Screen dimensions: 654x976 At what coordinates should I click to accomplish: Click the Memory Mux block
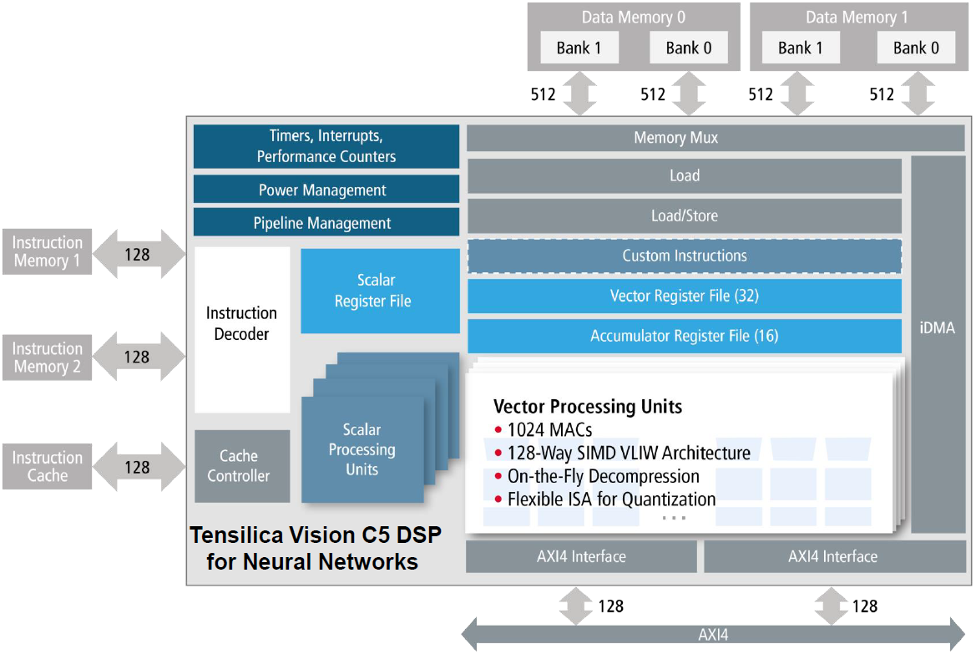pyautogui.click(x=675, y=138)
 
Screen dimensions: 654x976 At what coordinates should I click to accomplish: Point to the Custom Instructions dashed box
pyautogui.click(x=684, y=256)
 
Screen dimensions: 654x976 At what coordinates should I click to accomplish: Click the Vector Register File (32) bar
pyautogui.click(x=684, y=296)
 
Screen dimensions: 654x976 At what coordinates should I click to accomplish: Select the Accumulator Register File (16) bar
pyautogui.click(x=684, y=336)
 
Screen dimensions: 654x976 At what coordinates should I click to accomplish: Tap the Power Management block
pyautogui.click(x=326, y=190)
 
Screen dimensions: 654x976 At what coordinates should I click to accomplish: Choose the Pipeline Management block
pyautogui.click(x=326, y=223)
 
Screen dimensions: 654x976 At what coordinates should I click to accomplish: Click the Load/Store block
pyautogui.click(x=684, y=215)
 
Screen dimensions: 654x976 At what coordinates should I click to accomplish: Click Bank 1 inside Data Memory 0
pyautogui.click(x=579, y=48)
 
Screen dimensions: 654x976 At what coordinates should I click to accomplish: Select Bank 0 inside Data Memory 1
pyautogui.click(x=916, y=48)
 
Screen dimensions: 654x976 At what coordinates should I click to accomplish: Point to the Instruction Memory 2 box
pyautogui.click(x=48, y=357)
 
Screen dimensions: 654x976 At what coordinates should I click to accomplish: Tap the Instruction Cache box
pyautogui.click(x=48, y=466)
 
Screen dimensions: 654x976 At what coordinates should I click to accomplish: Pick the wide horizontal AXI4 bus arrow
pyautogui.click(x=714, y=635)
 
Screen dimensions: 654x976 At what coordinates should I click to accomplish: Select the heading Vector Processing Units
pyautogui.click(x=588, y=407)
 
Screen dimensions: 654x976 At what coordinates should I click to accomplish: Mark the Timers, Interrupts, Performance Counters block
pyautogui.click(x=326, y=146)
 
